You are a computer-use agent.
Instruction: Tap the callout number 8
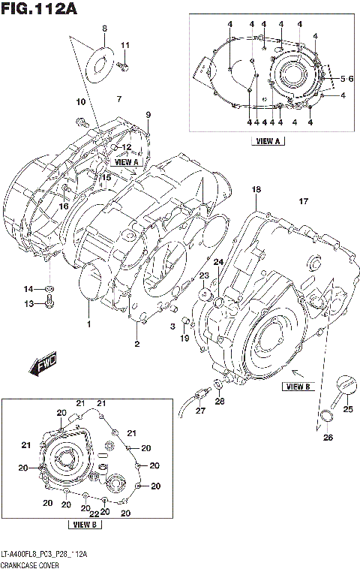click(x=104, y=29)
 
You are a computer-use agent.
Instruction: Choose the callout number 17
click(x=304, y=201)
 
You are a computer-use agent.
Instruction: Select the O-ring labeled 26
click(x=327, y=418)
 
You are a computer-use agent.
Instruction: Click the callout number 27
click(x=199, y=411)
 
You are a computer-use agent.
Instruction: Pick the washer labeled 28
click(x=217, y=386)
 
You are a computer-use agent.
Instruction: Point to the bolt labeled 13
click(x=49, y=302)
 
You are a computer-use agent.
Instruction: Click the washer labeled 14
click(x=49, y=289)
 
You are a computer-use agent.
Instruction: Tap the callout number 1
click(x=88, y=324)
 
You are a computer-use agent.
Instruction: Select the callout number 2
click(x=136, y=344)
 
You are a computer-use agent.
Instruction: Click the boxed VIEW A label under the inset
click(x=268, y=140)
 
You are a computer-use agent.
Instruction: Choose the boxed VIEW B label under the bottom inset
click(x=84, y=524)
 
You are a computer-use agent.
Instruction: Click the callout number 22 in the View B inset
click(x=93, y=513)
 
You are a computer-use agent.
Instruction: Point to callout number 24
click(x=218, y=262)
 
